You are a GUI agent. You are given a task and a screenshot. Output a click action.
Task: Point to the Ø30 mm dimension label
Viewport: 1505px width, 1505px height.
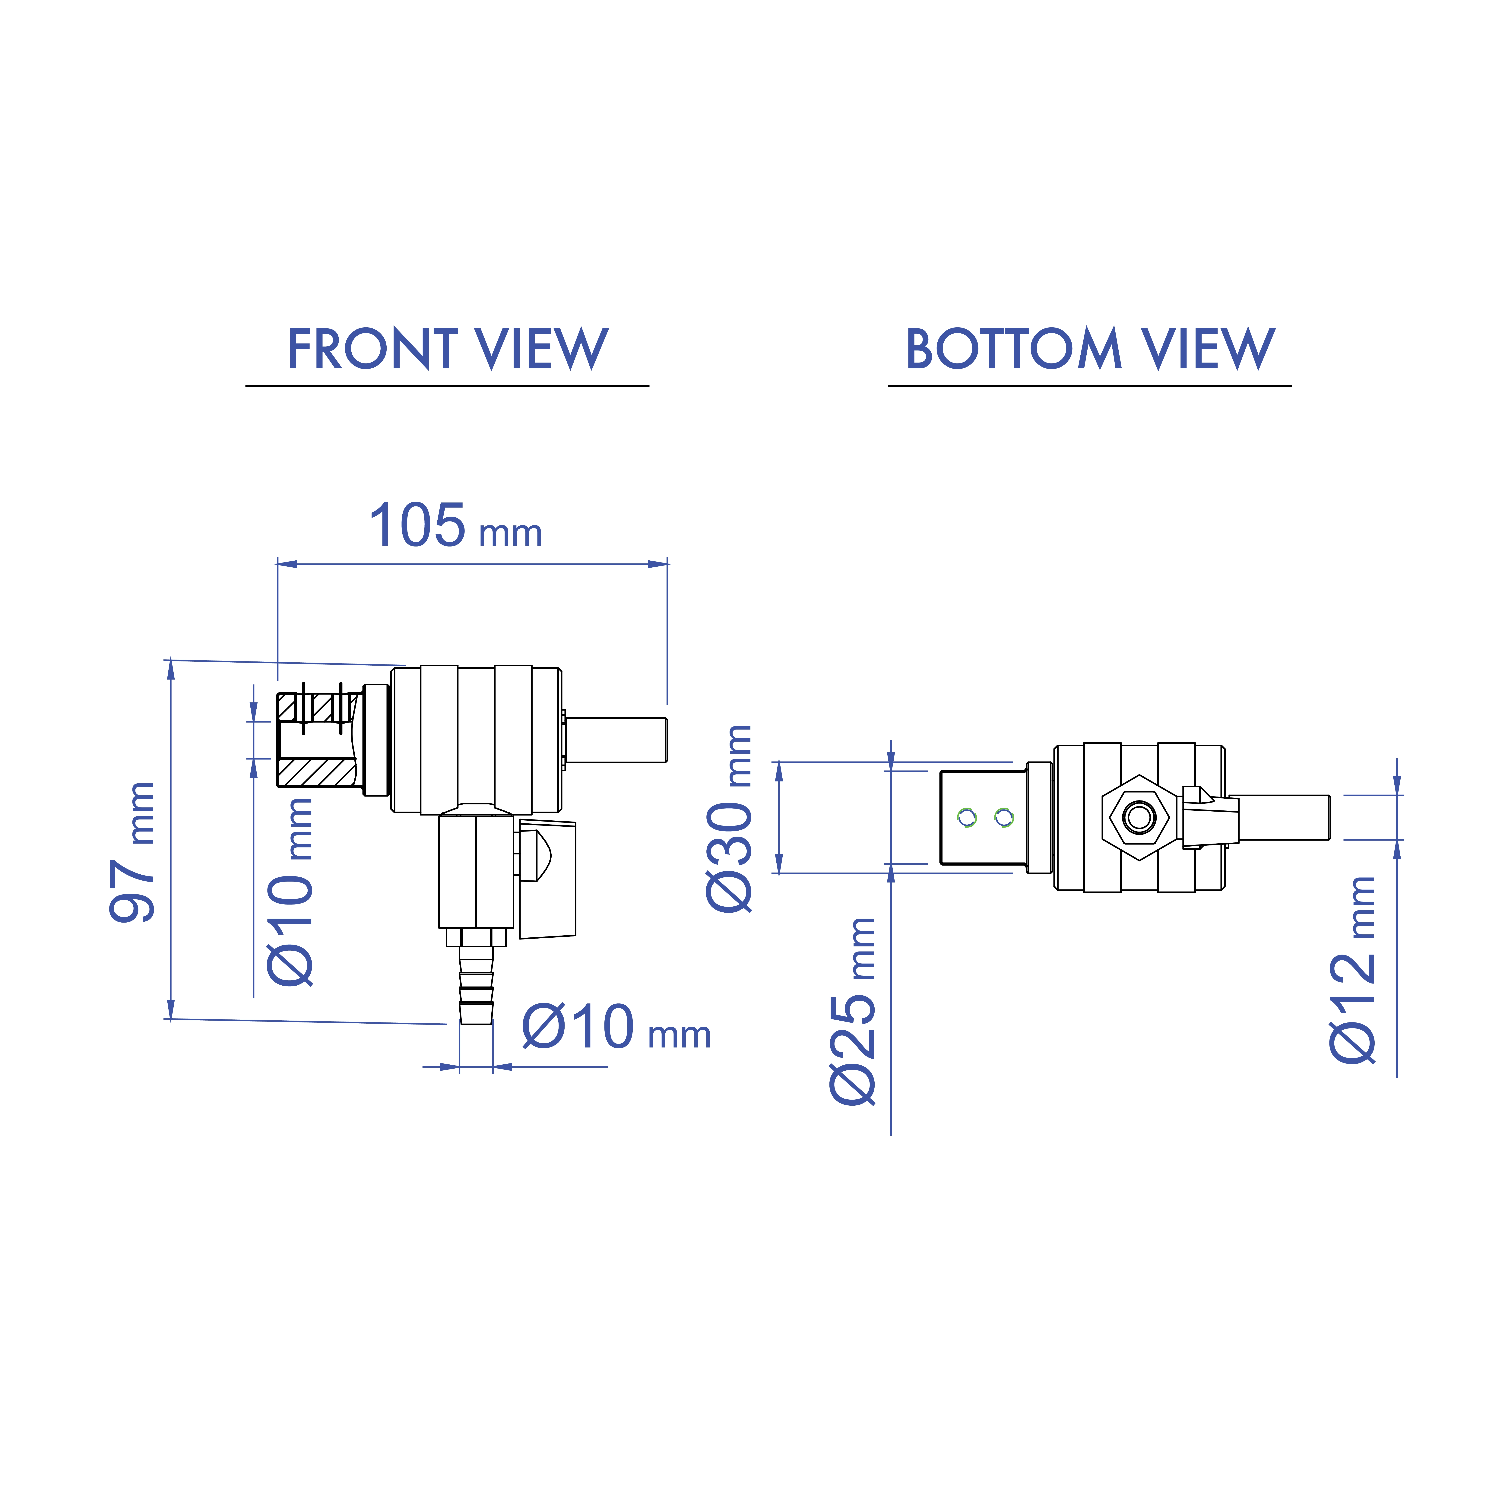coord(730,818)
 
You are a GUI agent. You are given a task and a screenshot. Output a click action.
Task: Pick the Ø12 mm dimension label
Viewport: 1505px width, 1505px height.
coord(1353,970)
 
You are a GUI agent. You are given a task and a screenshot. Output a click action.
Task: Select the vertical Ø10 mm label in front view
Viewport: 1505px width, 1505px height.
coord(291,892)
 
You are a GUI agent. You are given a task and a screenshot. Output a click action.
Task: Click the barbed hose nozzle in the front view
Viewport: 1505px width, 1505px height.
coord(476,985)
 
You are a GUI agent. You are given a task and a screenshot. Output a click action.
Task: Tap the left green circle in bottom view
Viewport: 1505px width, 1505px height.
coord(967,817)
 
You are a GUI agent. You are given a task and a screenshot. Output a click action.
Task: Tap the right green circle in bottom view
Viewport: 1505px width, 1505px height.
coord(1004,817)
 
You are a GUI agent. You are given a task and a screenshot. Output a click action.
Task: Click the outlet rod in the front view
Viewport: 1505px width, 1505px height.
coord(615,740)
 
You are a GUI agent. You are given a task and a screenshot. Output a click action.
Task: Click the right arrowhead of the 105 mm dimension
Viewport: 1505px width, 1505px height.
coord(658,564)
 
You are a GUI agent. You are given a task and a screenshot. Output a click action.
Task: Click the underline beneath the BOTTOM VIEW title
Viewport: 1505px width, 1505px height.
coord(1089,386)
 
